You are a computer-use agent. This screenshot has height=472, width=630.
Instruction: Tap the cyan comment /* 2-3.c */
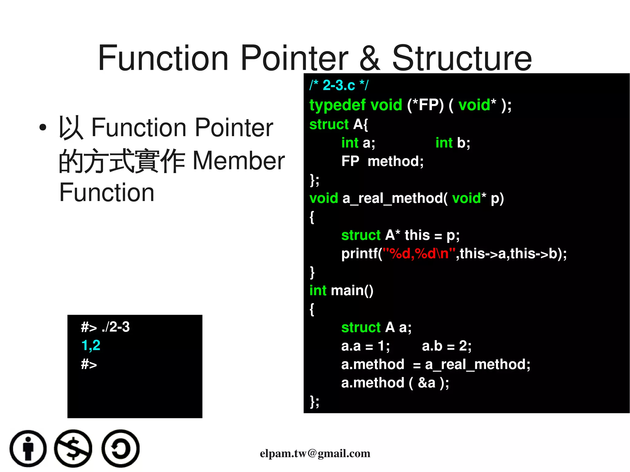point(338,85)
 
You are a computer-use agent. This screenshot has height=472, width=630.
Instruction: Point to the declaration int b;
point(453,143)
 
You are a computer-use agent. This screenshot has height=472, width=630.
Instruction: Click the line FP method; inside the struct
point(382,161)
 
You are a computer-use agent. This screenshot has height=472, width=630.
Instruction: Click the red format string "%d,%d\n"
point(419,254)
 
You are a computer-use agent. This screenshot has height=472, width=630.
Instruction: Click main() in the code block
point(352,291)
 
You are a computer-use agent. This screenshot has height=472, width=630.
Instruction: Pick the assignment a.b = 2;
point(446,346)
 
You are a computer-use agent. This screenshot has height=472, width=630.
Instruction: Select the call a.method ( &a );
point(395,383)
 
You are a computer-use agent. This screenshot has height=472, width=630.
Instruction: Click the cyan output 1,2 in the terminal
point(91,346)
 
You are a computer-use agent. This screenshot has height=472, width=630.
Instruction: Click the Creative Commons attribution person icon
point(28,448)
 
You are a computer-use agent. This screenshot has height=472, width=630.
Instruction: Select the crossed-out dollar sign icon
point(73,448)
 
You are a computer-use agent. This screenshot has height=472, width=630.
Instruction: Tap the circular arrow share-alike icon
point(120,448)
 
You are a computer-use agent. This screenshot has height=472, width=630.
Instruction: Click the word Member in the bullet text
point(239,161)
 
